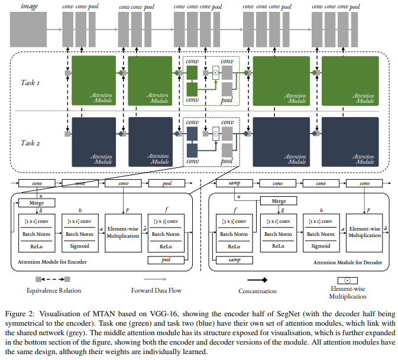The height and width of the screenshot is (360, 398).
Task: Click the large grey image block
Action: (28, 30)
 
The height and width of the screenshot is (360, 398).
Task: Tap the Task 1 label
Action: (30, 83)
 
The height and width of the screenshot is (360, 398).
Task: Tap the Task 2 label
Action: (30, 143)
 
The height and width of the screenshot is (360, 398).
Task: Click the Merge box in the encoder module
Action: (37, 203)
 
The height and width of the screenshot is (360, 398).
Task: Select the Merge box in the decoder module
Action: (279, 201)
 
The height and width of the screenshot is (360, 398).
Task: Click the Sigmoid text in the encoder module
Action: (79, 246)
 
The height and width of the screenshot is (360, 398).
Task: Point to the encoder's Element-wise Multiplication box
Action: (123, 233)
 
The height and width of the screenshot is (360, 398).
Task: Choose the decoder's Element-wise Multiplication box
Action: (364, 233)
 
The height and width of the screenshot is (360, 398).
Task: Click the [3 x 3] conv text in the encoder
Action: (166, 221)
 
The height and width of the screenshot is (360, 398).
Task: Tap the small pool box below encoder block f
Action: (166, 260)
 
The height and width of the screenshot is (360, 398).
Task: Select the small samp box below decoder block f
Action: (234, 260)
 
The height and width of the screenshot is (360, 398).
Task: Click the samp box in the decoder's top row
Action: (234, 183)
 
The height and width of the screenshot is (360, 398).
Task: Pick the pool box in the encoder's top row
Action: (167, 183)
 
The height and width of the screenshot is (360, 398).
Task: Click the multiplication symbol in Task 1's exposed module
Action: (215, 73)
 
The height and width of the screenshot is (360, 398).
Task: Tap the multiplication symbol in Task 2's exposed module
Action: (215, 134)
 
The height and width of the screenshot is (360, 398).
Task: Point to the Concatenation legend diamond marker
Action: (264, 280)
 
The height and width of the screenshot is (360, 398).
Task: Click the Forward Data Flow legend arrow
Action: (155, 279)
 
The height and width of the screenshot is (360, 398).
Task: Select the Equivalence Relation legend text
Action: (54, 291)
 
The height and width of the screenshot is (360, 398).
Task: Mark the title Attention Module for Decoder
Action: (348, 262)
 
